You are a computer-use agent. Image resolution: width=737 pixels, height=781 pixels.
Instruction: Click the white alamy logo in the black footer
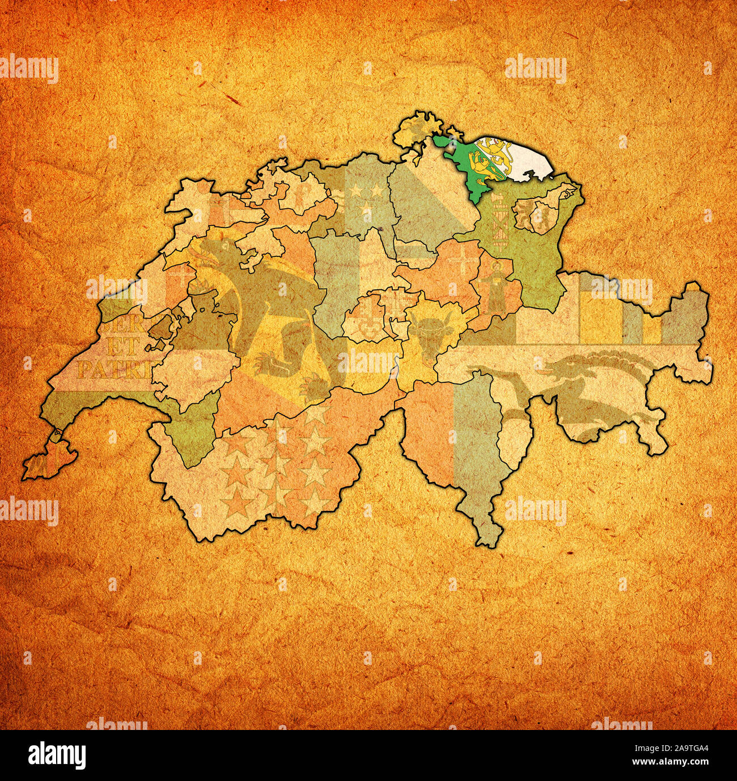pos(57,755)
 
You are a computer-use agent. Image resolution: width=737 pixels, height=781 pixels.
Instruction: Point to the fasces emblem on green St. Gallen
pos(499,224)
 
